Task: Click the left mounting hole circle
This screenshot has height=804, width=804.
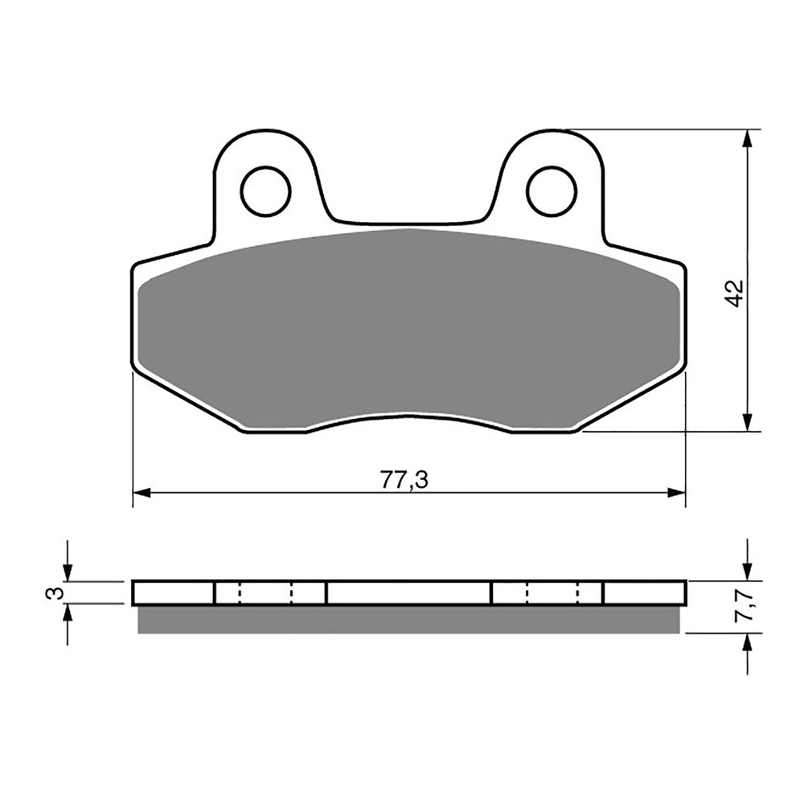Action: [265, 191]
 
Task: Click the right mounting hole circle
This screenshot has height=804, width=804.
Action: [552, 191]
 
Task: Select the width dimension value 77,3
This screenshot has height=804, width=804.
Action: [404, 480]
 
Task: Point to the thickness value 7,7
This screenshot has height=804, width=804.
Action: [745, 606]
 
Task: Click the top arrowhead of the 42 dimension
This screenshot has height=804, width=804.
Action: [749, 138]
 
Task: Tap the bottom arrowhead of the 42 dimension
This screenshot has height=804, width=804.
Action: [749, 423]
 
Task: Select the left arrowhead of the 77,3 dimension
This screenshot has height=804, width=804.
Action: [142, 492]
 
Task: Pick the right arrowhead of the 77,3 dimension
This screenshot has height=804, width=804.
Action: [676, 492]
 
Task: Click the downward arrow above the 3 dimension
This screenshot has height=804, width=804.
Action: [68, 572]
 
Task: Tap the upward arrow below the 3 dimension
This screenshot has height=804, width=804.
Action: [68, 613]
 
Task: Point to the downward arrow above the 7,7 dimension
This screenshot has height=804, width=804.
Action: [749, 572]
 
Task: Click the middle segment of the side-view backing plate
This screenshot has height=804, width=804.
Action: [408, 593]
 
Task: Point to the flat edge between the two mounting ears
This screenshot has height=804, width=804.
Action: [408, 223]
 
